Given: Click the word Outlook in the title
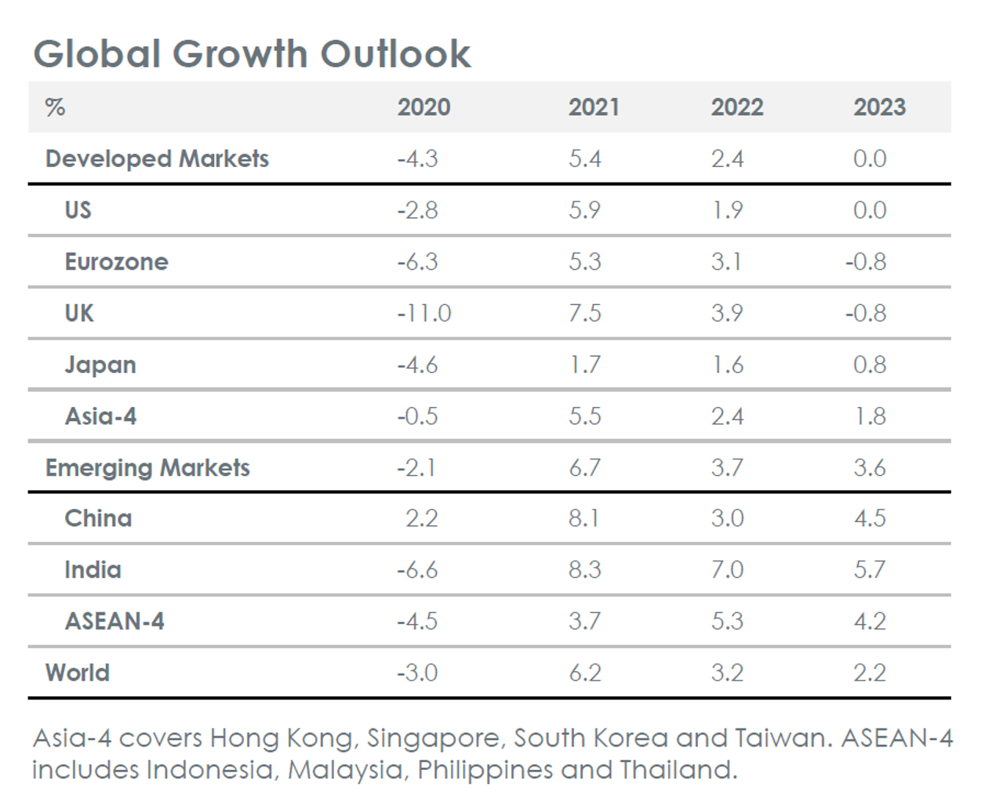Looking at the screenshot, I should (x=395, y=54).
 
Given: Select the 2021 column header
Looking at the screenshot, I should (x=594, y=107).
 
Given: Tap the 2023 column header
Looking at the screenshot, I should (x=879, y=107).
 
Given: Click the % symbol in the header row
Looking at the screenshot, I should (x=55, y=107).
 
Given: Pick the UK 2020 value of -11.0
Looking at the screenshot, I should (x=423, y=314).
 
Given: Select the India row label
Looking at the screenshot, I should (x=93, y=570).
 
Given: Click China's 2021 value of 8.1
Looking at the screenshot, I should (x=584, y=518).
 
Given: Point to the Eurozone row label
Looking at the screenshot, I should (x=116, y=262).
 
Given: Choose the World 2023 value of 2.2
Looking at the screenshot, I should (x=870, y=673).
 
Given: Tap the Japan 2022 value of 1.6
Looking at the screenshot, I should (x=727, y=365).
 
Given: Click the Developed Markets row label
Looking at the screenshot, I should (x=157, y=159).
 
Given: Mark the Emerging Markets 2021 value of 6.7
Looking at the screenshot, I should (x=584, y=468).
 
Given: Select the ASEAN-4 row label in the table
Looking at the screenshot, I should (x=115, y=622).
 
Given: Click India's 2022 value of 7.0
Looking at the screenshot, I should (x=727, y=570).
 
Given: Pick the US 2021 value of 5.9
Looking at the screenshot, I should (x=584, y=210).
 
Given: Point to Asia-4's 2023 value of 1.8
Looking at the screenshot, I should (x=870, y=416).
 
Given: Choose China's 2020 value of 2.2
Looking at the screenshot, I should (x=422, y=518).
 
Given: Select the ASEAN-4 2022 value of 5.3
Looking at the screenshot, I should (x=727, y=622).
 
